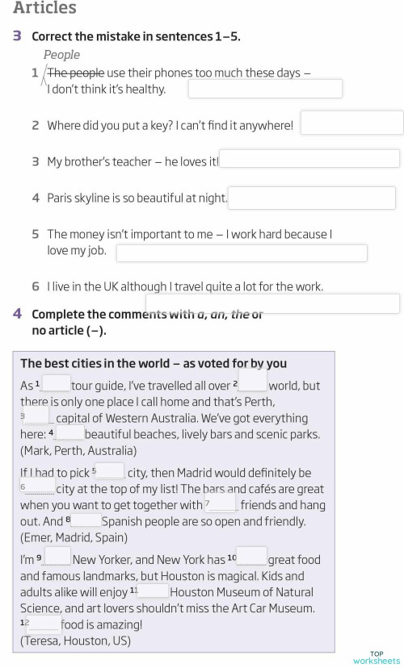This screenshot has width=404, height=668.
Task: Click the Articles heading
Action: pos(45,8)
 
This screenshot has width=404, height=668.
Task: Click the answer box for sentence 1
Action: pos(265,89)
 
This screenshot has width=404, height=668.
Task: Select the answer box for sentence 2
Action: pos(351,123)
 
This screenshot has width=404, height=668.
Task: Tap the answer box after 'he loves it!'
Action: pos(310,159)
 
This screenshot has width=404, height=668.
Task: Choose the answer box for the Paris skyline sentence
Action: pos(312,198)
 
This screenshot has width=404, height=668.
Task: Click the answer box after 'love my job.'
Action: pos(242,253)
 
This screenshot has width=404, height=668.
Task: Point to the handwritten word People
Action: pos(62,55)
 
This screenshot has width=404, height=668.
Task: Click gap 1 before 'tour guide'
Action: pos(56,383)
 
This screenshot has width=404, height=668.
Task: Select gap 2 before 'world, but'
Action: pos(252,379)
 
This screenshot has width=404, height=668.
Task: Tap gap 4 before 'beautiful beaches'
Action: pos(69,434)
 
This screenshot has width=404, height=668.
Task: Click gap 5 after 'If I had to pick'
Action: pos(112,471)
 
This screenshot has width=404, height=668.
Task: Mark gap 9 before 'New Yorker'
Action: pos(57,557)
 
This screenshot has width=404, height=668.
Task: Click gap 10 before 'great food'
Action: pos(251,557)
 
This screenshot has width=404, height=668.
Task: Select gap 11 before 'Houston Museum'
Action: pos(154,591)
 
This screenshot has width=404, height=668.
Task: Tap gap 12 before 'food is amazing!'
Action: pos(44,624)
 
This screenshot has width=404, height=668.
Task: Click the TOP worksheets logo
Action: pos(377,658)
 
